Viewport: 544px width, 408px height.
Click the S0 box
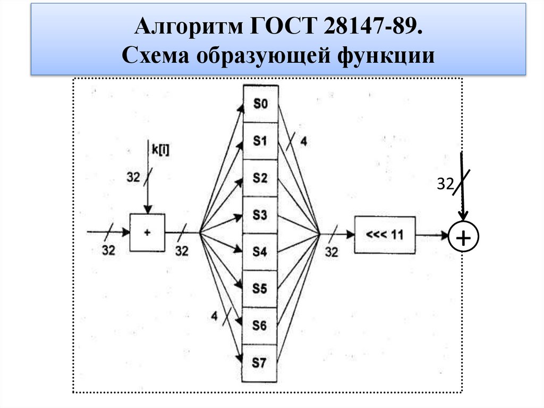tap(260, 104)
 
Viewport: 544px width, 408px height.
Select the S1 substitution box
tap(260, 141)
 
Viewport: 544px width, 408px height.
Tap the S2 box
tap(260, 178)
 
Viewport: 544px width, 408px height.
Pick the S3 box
tap(260, 215)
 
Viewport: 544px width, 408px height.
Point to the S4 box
tap(260, 252)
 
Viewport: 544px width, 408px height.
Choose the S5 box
tap(260, 289)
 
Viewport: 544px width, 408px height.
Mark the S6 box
tap(260, 326)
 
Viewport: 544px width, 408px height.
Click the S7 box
tap(260, 363)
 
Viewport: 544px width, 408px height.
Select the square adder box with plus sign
tap(148, 232)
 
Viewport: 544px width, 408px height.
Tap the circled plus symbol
tap(463, 238)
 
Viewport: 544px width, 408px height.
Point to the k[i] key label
tap(161, 149)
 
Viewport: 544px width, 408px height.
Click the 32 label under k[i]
tap(133, 177)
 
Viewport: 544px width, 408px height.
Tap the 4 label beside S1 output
tap(303, 141)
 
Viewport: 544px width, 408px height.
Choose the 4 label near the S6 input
tap(214, 316)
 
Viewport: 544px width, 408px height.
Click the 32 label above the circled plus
tap(445, 184)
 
